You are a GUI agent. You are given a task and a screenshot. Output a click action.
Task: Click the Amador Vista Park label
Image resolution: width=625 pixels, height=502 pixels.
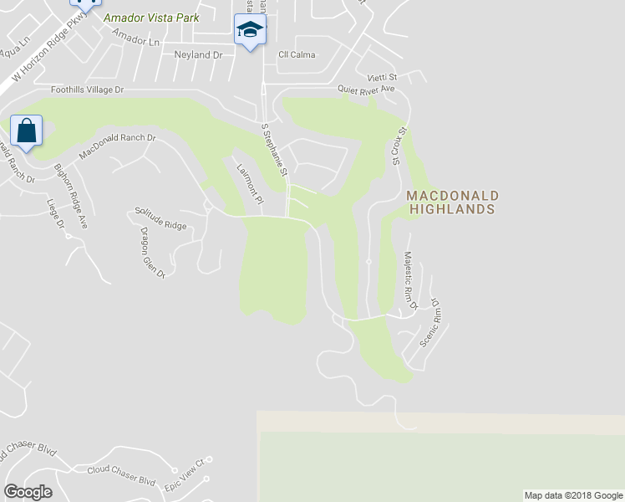[x=151, y=18]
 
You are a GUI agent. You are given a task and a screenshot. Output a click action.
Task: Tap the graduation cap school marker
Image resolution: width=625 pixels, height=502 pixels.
[x=249, y=31]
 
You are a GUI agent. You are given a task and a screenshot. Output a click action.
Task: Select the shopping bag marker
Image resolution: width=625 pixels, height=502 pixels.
[x=26, y=131]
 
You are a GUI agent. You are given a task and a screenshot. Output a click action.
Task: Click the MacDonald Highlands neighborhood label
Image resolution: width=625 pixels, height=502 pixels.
[x=452, y=202]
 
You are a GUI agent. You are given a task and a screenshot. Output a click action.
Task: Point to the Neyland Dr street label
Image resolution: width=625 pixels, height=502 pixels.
[x=199, y=54]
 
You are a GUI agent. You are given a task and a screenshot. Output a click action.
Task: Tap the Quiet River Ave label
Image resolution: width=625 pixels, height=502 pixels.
[x=366, y=89]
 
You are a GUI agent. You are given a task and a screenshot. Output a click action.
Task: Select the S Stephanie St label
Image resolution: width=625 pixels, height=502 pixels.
[x=274, y=150]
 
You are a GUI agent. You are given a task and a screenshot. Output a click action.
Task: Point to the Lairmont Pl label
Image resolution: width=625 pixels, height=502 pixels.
[x=249, y=184]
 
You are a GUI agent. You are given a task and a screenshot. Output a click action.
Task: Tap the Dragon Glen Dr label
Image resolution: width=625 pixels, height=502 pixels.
[x=153, y=253]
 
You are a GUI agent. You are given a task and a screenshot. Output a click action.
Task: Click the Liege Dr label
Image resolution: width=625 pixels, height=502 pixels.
[x=56, y=213]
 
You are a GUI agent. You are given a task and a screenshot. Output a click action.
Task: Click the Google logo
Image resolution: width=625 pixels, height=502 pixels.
[x=28, y=492]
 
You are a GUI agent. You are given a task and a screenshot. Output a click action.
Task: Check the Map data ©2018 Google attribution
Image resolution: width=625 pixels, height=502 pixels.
[x=572, y=495]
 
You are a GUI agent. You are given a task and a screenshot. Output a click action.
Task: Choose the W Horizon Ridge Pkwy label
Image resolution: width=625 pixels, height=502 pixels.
[x=43, y=56]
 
